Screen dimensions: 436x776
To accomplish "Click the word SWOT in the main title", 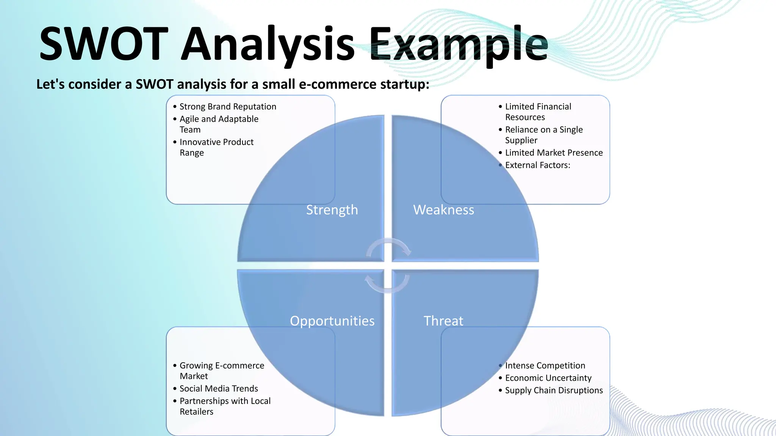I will (x=103, y=44).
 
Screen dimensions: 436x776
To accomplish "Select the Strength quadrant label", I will (x=332, y=210).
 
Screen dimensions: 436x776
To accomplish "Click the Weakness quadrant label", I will (x=443, y=210).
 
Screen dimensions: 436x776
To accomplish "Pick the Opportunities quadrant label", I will (x=332, y=321).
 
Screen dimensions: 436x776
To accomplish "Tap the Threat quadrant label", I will (x=443, y=321).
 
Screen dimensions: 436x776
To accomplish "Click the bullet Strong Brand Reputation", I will (x=228, y=107).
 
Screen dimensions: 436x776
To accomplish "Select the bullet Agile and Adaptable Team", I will (x=219, y=124).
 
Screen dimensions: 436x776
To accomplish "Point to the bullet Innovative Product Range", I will (x=216, y=147).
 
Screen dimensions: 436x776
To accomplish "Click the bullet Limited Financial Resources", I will (x=538, y=112).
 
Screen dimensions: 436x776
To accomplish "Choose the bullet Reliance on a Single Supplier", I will (x=544, y=135).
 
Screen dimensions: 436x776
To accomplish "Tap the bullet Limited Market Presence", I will (x=554, y=153).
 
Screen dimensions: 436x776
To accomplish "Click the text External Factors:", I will (x=537, y=165).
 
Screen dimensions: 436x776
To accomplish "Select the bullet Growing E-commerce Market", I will (x=222, y=371).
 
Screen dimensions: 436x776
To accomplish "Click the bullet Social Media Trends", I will (x=219, y=389).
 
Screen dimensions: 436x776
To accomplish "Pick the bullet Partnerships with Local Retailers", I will (x=225, y=406).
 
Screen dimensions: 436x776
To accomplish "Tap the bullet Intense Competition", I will (x=545, y=366).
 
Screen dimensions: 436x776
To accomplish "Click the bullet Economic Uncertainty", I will (x=548, y=378).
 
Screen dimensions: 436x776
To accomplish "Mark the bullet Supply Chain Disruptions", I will (x=554, y=391).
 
